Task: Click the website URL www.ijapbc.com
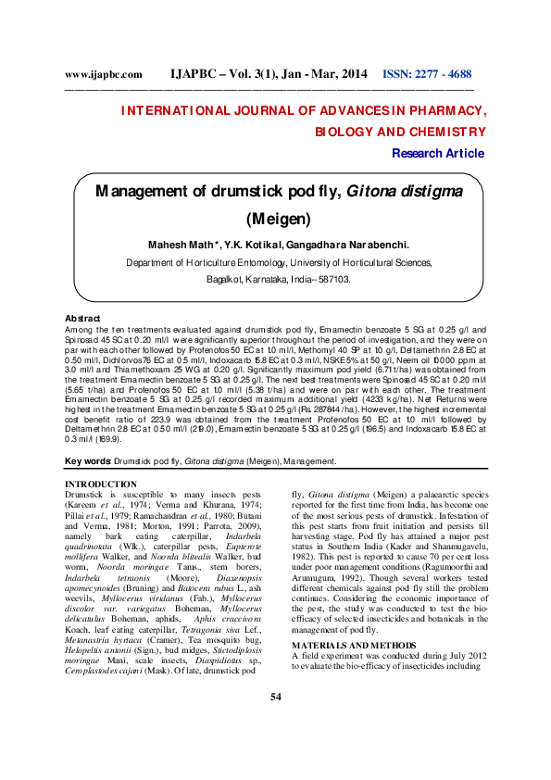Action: [x=103, y=74]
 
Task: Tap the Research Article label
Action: [x=438, y=153]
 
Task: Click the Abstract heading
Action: [x=81, y=318]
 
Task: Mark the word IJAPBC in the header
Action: [x=201, y=73]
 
